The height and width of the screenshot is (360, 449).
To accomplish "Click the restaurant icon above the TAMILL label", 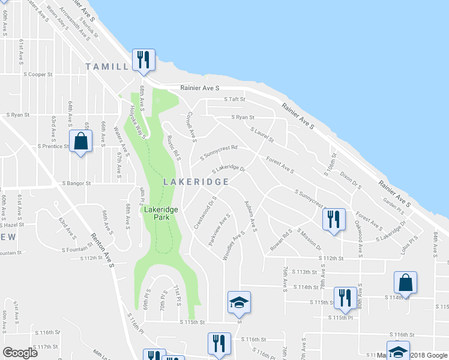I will [143, 59].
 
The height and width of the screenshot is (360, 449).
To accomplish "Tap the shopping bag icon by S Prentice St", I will [80, 142].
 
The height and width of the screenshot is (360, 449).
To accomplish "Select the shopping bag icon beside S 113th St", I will [405, 283].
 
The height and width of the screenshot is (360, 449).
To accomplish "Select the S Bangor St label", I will [75, 184].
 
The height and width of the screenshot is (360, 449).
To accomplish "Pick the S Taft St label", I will [235, 100].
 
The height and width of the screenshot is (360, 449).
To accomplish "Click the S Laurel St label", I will [262, 134].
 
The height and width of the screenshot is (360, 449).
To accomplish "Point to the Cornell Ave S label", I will [191, 127].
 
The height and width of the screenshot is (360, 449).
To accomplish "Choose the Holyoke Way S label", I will [139, 122].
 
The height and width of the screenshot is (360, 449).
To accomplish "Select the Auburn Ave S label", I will [250, 217].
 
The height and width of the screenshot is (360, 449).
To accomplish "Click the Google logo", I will [20, 353].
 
